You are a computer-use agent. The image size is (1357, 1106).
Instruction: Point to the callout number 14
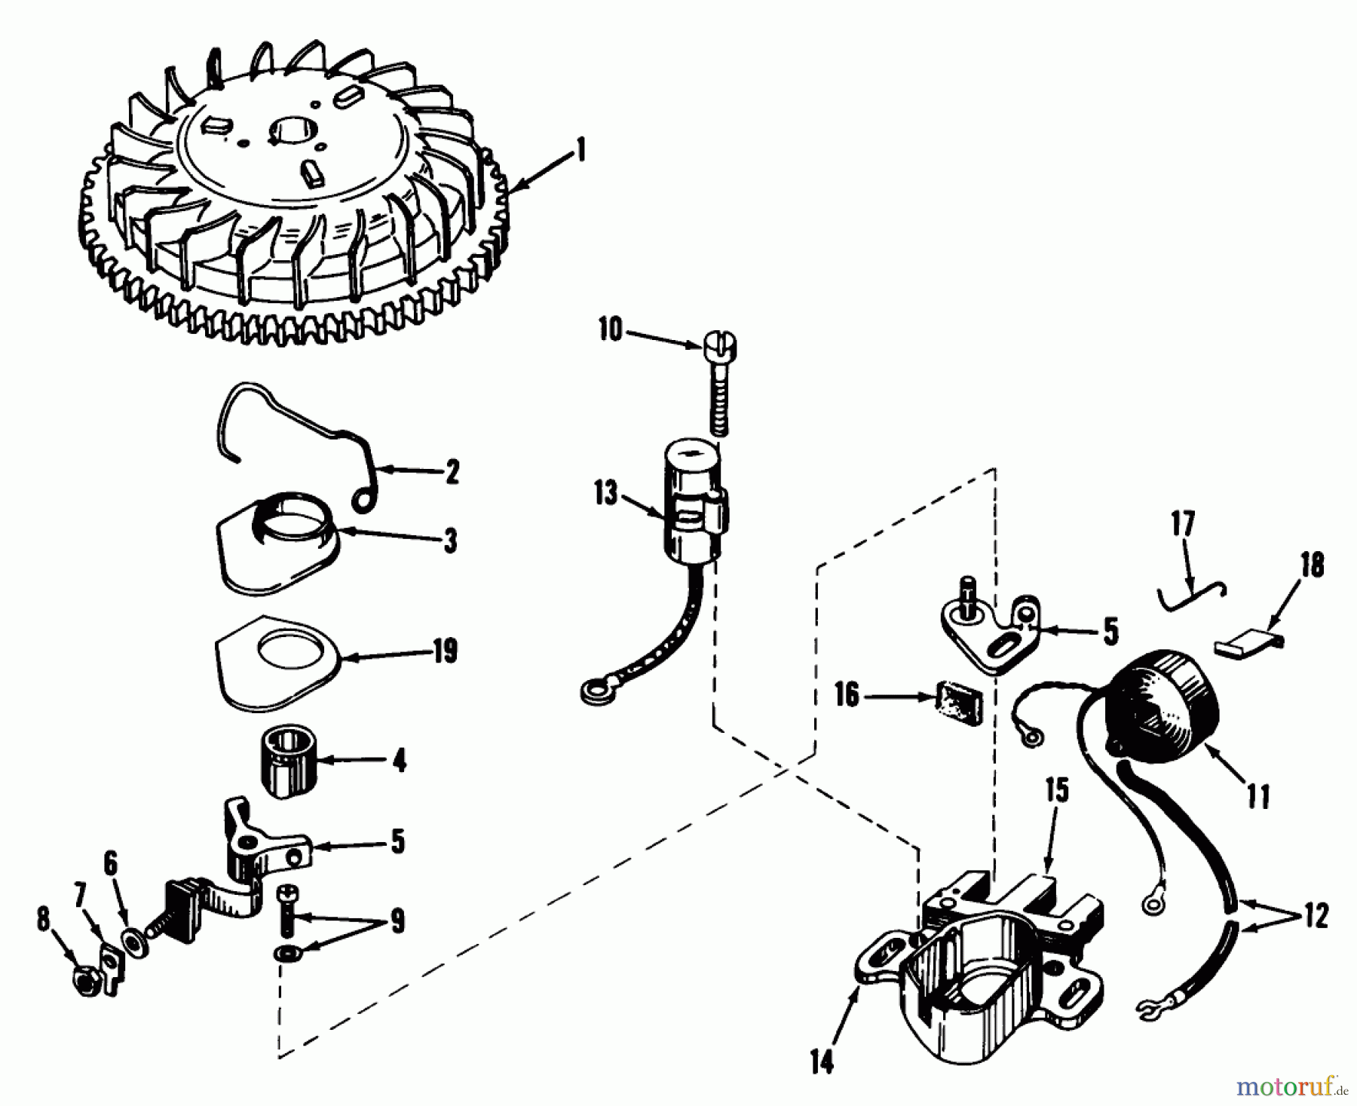tap(822, 1063)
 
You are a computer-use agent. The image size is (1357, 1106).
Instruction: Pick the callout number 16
tap(848, 695)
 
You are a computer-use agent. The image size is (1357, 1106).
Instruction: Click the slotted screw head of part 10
tap(718, 348)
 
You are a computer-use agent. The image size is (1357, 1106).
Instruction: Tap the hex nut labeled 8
tap(83, 979)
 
